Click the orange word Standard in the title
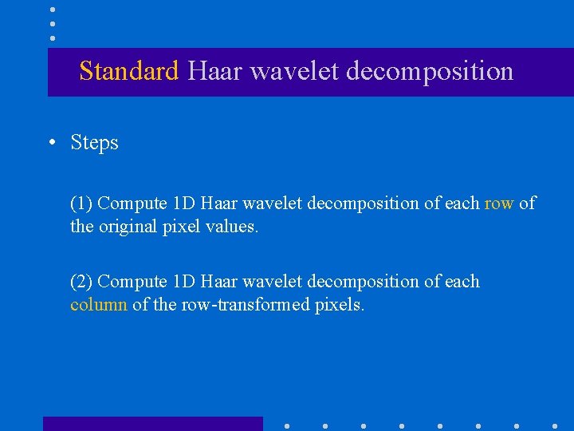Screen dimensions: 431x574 coord(129,72)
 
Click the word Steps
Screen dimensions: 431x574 coord(94,143)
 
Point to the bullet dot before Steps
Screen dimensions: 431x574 coord(51,144)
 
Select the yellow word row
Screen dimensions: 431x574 coord(499,204)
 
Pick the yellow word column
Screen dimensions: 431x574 coord(99,305)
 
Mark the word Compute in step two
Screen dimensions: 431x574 coord(132,282)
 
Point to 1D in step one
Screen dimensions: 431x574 coord(184,204)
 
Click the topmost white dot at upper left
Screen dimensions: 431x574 coord(53,10)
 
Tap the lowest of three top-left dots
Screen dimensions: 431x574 coord(53,38)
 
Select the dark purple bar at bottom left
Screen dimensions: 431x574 coord(152,423)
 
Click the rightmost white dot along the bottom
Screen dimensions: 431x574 coord(555,425)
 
